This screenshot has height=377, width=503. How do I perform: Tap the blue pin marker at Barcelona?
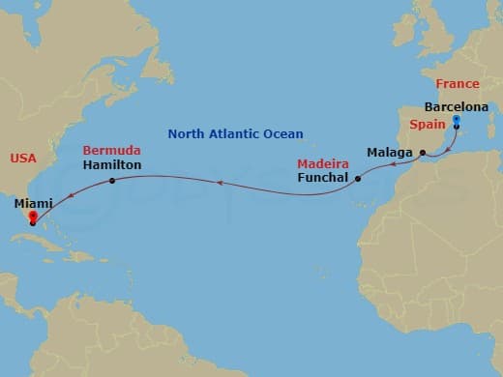(x=456, y=119)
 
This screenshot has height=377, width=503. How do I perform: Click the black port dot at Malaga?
(x=423, y=153)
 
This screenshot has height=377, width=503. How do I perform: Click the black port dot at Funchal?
(x=358, y=179)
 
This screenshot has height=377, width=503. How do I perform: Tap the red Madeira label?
(x=323, y=164)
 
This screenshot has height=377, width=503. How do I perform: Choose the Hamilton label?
(x=112, y=165)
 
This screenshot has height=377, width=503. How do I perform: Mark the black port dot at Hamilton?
(x=113, y=181)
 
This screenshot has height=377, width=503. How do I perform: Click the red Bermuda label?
(x=112, y=151)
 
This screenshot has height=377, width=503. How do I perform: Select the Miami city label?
(x=35, y=203)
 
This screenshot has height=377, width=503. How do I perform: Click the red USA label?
(x=23, y=157)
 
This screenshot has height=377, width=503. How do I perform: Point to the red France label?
(x=457, y=84)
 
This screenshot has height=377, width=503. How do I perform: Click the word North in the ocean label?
(x=187, y=134)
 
